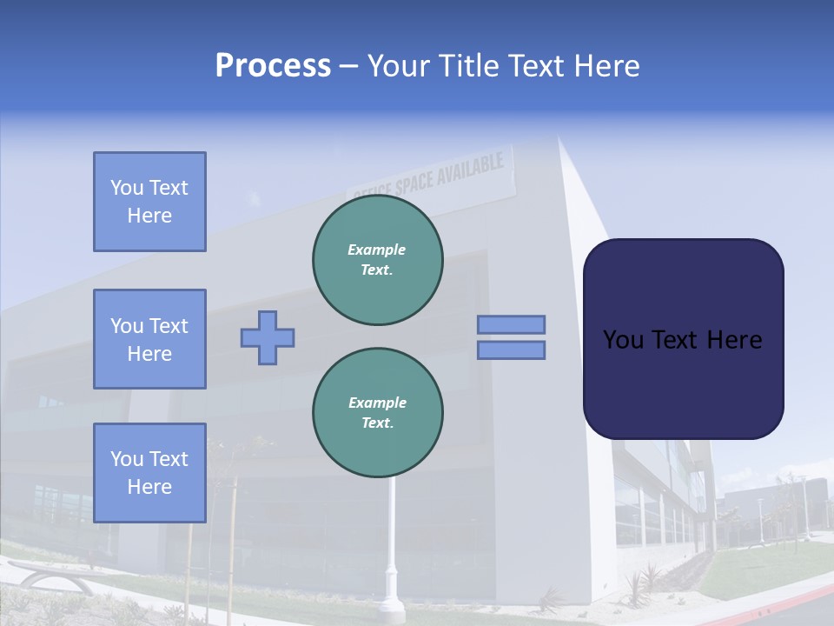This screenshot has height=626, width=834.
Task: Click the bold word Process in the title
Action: point(273,66)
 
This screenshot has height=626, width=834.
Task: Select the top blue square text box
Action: point(149,202)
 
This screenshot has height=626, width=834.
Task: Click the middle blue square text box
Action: point(149,339)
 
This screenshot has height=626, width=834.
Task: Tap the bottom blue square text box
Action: point(149,473)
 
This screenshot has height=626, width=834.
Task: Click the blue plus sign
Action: point(268,337)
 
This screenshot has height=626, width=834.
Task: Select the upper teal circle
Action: point(378,260)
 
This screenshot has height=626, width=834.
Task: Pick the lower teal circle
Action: point(378,413)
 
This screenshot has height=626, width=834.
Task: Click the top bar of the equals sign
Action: point(511,324)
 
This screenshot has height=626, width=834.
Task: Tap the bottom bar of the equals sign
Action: point(511,350)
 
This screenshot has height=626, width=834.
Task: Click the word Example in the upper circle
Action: point(376,250)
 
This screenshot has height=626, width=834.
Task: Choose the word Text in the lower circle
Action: point(376,423)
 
